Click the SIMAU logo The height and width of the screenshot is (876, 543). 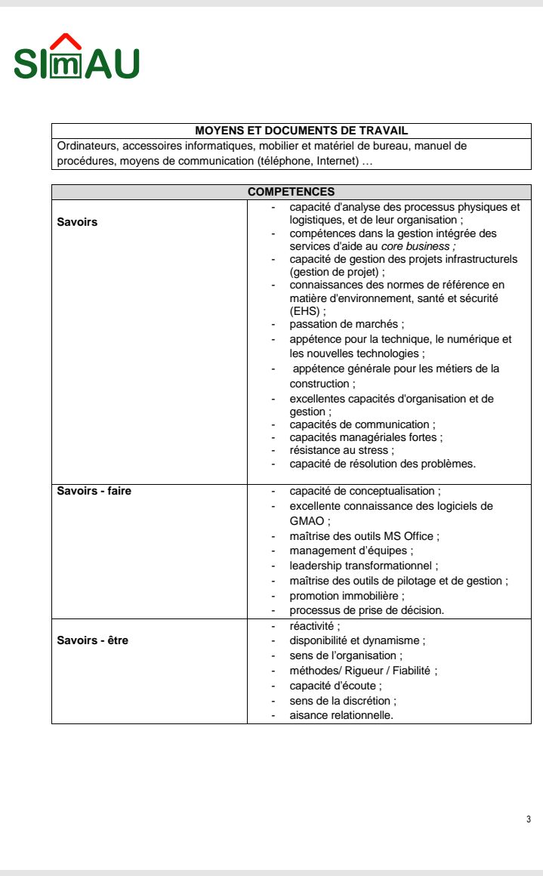pyautogui.click(x=76, y=58)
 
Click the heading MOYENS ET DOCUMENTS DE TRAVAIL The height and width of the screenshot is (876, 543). pyautogui.click(x=291, y=131)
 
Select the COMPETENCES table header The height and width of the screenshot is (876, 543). pyautogui.click(x=291, y=193)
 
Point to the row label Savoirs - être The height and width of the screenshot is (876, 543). pyautogui.click(x=93, y=640)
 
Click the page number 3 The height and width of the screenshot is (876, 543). pyautogui.click(x=529, y=819)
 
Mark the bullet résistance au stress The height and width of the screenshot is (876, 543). pyautogui.click(x=341, y=450)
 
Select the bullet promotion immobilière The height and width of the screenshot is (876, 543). pyautogui.click(x=347, y=596)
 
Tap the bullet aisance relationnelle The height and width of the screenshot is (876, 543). pyautogui.click(x=341, y=715)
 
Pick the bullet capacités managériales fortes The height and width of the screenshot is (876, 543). pyautogui.click(x=366, y=437)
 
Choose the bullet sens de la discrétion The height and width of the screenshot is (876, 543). pyautogui.click(x=343, y=701)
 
